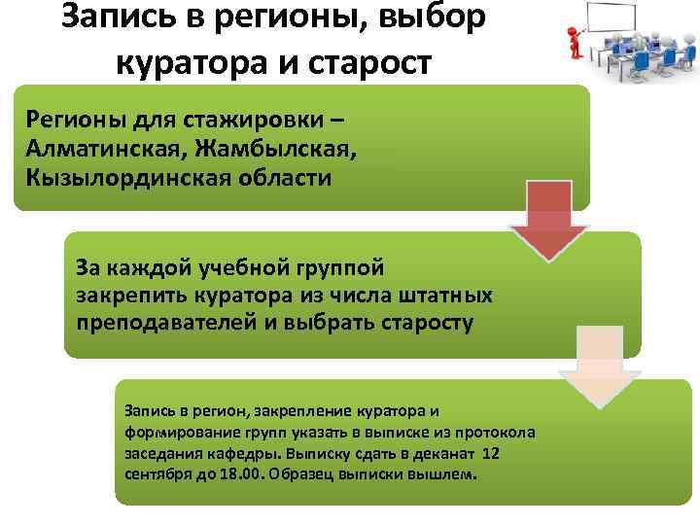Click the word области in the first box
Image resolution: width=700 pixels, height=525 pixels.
[282, 178]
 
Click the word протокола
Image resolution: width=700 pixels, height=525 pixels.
[505, 432]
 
